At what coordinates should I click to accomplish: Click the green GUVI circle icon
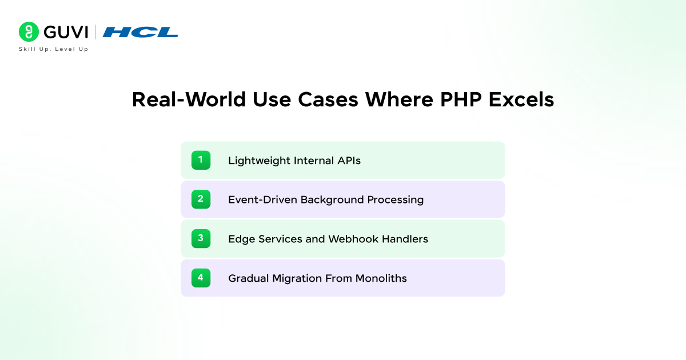tap(29, 32)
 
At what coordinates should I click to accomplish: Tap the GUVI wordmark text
tap(66, 32)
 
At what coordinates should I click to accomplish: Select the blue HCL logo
tap(140, 32)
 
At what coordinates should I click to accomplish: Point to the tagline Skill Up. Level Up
tap(54, 49)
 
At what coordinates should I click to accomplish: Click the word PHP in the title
tap(461, 99)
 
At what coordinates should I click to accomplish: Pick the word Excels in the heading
tap(521, 99)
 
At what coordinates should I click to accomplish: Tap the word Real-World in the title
tap(189, 99)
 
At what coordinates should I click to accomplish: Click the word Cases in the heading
tap(328, 99)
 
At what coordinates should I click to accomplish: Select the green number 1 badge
tap(201, 160)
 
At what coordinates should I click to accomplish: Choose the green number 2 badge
tap(201, 199)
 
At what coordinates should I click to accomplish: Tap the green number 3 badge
tap(201, 238)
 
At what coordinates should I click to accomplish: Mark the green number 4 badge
tap(201, 278)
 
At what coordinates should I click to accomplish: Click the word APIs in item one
tap(349, 161)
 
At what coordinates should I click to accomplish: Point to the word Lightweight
tap(259, 161)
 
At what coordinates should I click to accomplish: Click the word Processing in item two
tap(396, 200)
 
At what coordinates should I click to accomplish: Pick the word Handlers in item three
tap(405, 239)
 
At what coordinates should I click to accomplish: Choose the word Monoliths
tap(381, 278)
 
